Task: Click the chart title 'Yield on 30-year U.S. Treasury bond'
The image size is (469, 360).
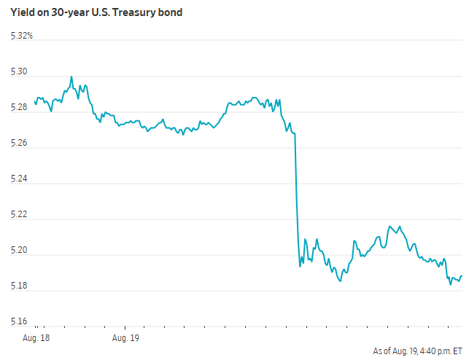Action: coord(96,12)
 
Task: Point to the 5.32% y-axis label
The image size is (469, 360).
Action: coord(22,36)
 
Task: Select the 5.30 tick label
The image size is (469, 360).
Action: coord(19,71)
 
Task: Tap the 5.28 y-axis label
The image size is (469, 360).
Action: coord(19,107)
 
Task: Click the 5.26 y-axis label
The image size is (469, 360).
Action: coord(19,143)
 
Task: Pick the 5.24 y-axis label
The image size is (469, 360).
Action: coord(19,179)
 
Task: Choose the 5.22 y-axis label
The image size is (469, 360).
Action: coord(19,214)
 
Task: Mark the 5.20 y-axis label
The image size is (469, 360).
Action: coord(19,250)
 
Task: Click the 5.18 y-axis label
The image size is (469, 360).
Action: coord(19,286)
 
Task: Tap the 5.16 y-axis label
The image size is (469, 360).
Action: coord(19,321)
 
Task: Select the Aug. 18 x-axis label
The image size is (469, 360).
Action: coord(36,338)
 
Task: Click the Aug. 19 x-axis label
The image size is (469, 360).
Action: coord(125,338)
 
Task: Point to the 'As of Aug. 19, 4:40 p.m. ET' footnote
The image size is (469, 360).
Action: coord(417,351)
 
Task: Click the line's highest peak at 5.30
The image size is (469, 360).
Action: coord(71,77)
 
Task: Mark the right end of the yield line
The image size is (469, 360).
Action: coord(462,276)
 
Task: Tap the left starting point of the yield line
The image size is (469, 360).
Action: coord(35,101)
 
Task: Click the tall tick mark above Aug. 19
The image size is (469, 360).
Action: coord(125,328)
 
